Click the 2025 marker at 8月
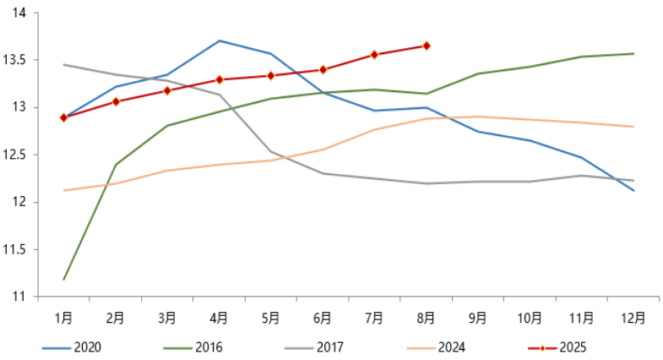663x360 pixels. coord(427,46)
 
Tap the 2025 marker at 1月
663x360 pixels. coord(63,117)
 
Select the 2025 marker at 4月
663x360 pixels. coord(219,79)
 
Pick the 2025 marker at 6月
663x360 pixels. coord(323,69)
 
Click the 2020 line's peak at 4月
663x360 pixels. coord(219,41)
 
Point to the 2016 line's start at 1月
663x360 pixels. coord(63,279)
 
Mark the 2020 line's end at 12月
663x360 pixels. coord(633,191)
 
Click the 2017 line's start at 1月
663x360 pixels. coord(63,64)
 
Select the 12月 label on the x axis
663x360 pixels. coord(633,319)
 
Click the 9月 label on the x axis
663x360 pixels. coord(478,319)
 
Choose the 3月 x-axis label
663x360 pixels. coord(167,319)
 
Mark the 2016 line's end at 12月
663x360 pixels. coord(633,54)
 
